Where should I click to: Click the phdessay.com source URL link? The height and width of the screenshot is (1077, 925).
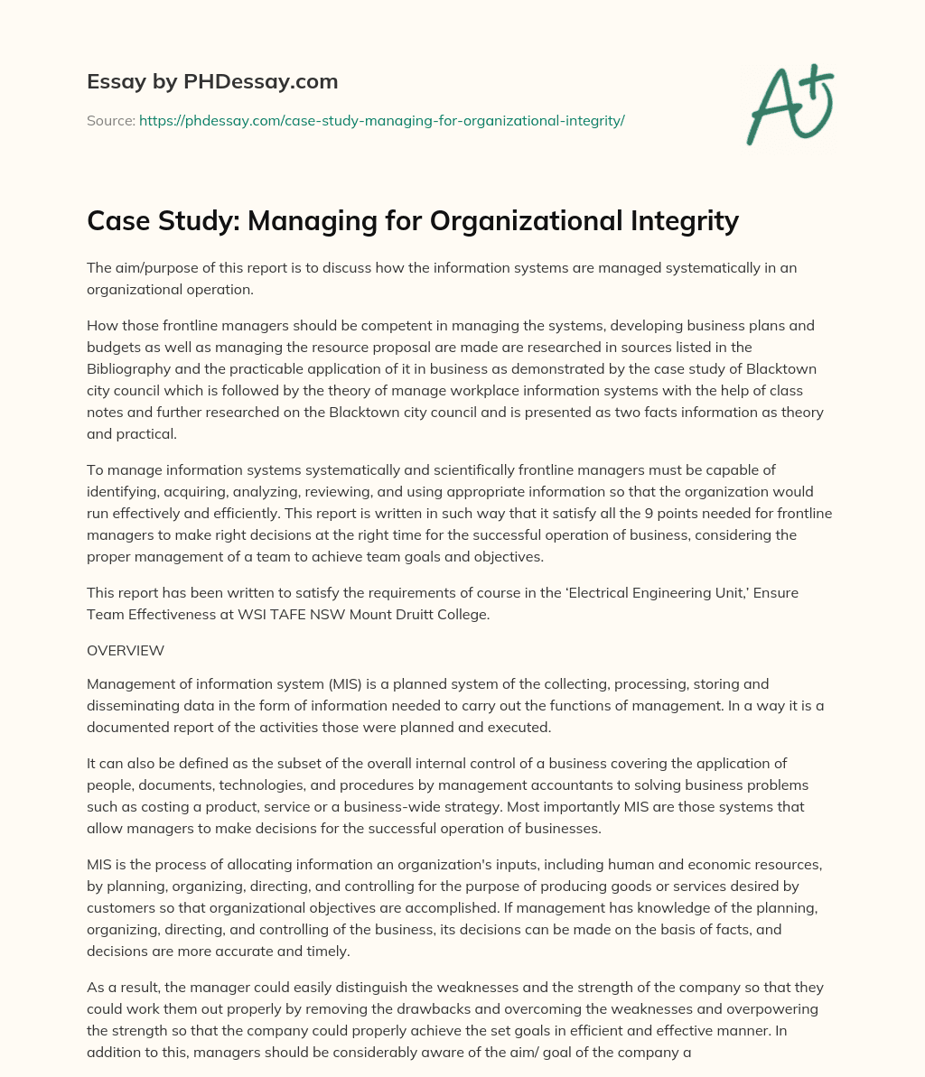coord(381,119)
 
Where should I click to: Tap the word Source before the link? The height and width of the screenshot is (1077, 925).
coord(110,119)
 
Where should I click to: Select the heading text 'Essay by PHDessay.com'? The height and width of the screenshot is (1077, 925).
coord(212,82)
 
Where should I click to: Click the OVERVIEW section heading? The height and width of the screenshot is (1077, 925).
coord(125,650)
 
